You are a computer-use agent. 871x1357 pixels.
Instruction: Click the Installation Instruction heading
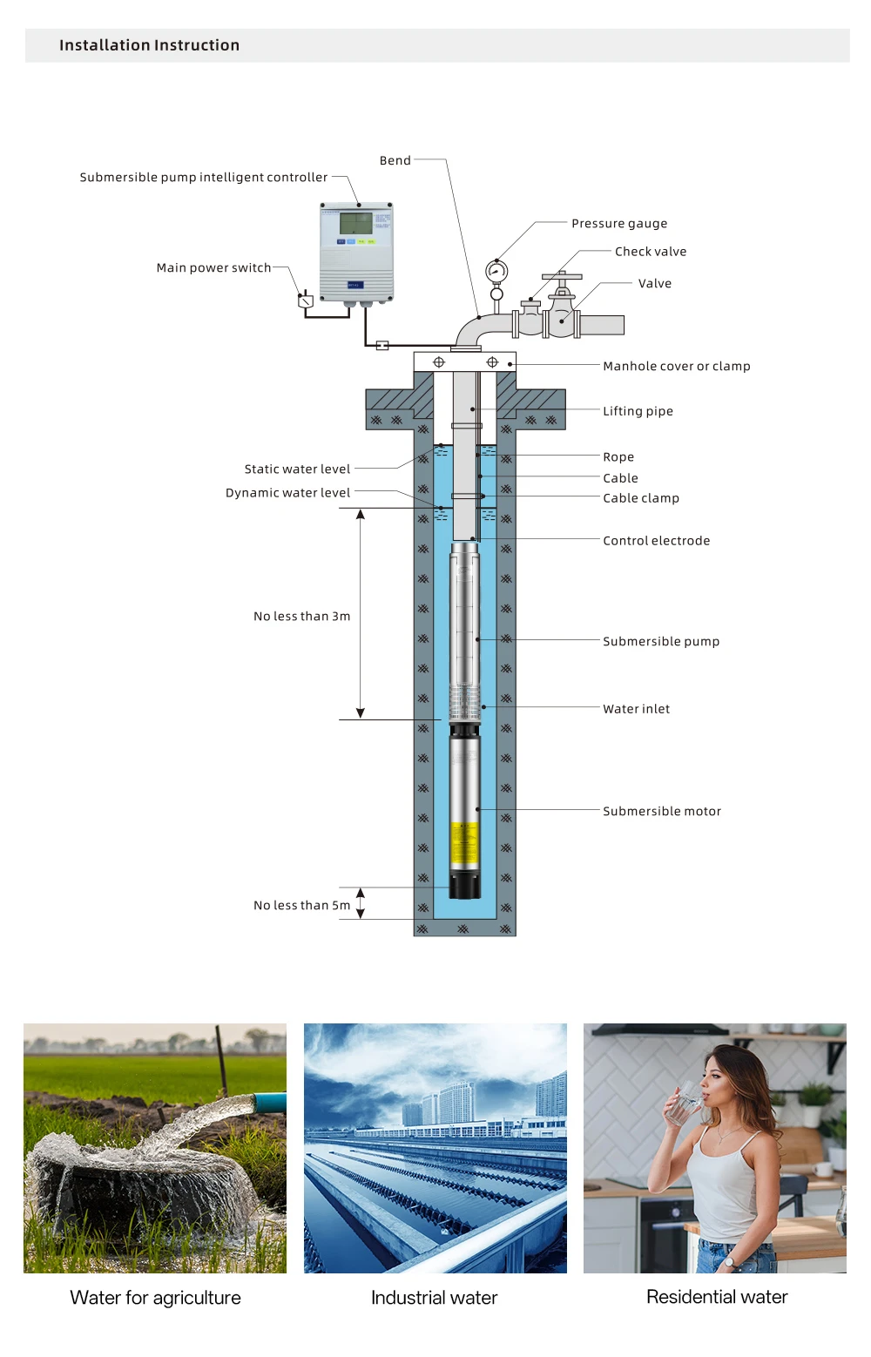(149, 45)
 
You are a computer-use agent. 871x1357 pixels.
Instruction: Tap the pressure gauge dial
(496, 271)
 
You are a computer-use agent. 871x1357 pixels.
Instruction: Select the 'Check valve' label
(651, 252)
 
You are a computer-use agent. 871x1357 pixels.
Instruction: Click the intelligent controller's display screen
(355, 223)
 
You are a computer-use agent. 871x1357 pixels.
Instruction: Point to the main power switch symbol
(305, 300)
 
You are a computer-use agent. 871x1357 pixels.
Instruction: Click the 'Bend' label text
(395, 160)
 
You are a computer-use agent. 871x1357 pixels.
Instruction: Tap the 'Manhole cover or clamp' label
(677, 366)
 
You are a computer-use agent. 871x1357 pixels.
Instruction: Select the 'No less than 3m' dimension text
(301, 616)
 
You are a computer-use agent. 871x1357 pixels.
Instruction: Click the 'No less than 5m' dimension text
(301, 905)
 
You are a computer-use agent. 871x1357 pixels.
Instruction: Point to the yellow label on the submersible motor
(464, 843)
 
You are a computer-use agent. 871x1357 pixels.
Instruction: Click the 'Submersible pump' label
(661, 642)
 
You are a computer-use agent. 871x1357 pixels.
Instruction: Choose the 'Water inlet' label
(636, 709)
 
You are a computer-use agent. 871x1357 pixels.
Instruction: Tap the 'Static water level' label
(297, 469)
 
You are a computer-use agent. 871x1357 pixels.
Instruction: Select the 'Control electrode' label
(656, 540)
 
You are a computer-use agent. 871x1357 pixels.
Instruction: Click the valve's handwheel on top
(562, 277)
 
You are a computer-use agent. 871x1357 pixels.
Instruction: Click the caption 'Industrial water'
(435, 1297)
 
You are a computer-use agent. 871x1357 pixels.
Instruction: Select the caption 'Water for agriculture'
(155, 1297)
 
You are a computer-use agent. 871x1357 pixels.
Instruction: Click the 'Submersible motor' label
(662, 811)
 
